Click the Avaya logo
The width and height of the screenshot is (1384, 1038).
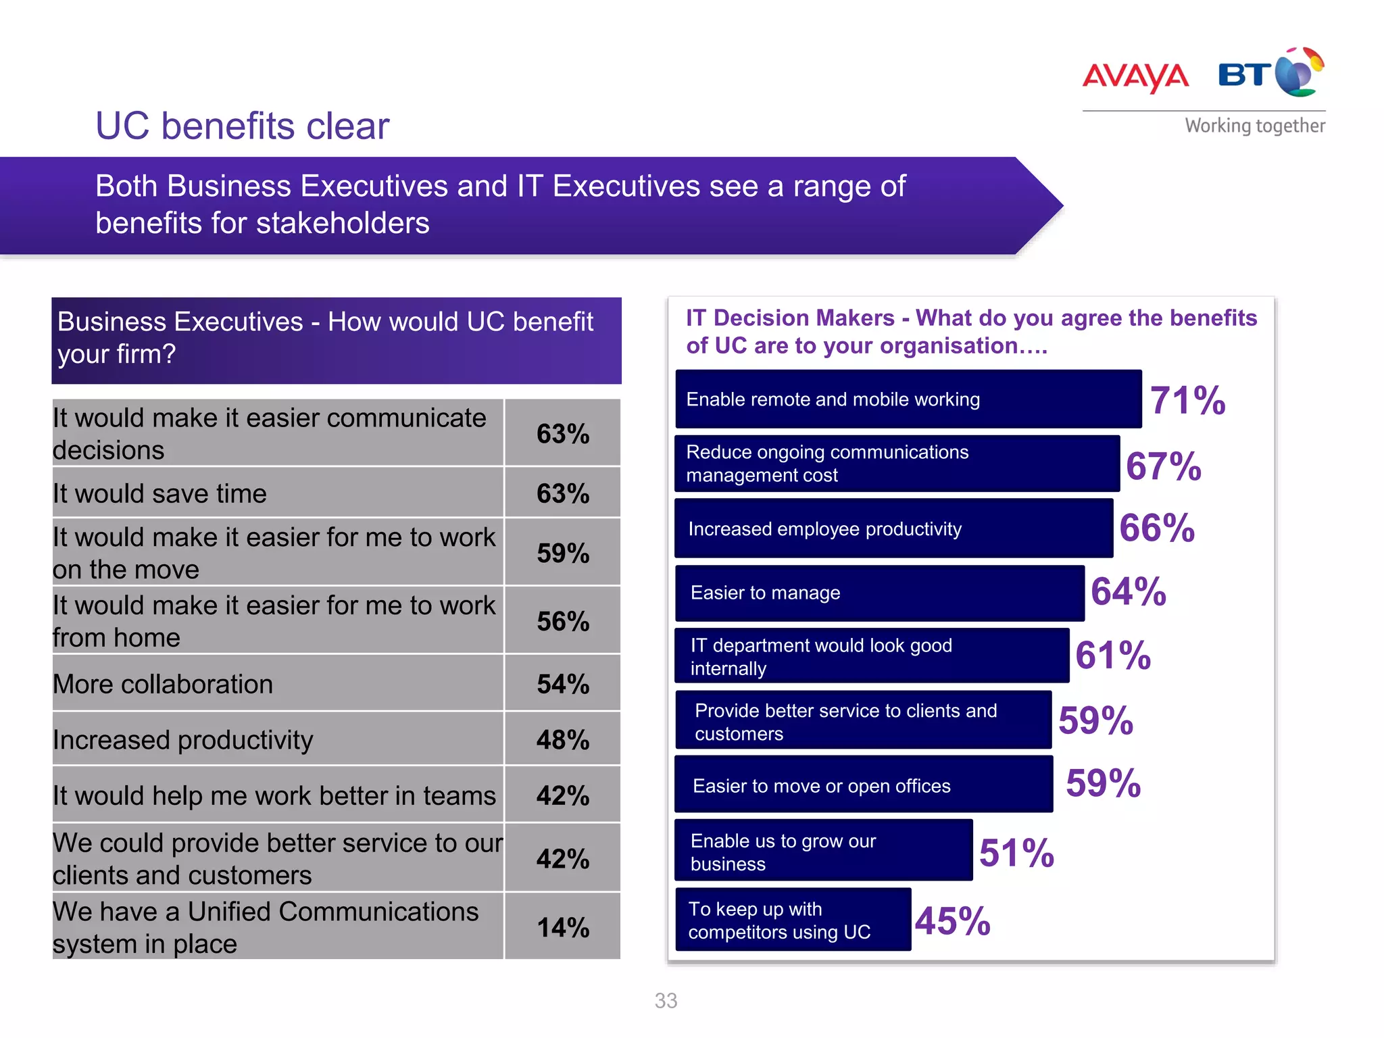[1135, 76]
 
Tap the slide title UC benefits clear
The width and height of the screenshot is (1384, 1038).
[242, 126]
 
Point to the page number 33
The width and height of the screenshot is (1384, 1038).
[666, 1001]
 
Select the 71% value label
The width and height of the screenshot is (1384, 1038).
[1187, 400]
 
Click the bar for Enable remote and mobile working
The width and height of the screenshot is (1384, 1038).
[908, 399]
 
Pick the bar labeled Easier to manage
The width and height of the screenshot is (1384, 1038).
[879, 593]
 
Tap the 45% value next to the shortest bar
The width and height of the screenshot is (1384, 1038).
[952, 921]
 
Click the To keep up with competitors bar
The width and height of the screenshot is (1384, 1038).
[793, 920]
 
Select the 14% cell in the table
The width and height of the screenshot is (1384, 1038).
[562, 927]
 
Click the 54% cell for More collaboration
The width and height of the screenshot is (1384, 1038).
[562, 684]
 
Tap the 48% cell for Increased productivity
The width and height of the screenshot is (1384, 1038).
[562, 740]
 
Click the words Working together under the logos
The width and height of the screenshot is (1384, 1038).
[1254, 126]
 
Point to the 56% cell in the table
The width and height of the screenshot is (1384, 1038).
[562, 621]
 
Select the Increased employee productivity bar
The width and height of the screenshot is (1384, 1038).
[893, 529]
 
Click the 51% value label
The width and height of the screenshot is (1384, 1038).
[1016, 853]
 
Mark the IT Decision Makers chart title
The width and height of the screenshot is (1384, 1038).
[970, 332]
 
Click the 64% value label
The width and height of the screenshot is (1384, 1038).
[1128, 591]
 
